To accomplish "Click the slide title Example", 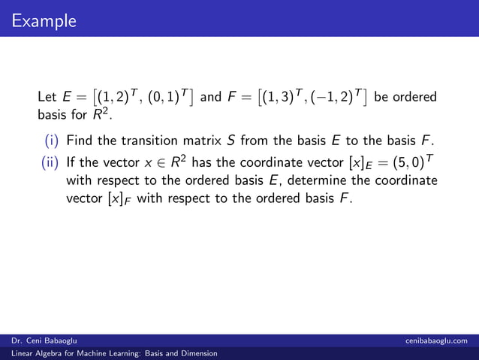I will pyautogui.click(x=44, y=20).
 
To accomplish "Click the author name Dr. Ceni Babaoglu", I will pyautogui.click(x=43, y=340).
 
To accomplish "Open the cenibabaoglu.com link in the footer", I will pyautogui.click(x=435, y=340).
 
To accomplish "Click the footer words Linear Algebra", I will pyautogui.click(x=35, y=352).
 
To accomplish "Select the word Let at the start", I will pyautogui.click(x=47, y=98).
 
